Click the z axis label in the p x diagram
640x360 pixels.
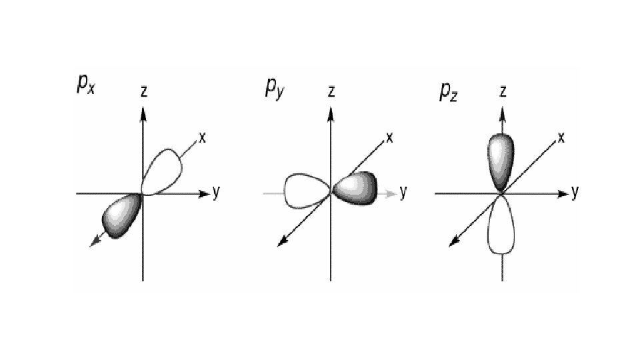coord(144,93)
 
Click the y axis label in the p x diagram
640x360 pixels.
coord(216,193)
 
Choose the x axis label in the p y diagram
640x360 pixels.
coord(389,138)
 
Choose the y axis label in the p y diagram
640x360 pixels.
coord(403,193)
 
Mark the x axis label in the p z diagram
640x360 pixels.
coord(561,138)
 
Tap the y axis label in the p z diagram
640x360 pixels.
coord(575,193)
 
